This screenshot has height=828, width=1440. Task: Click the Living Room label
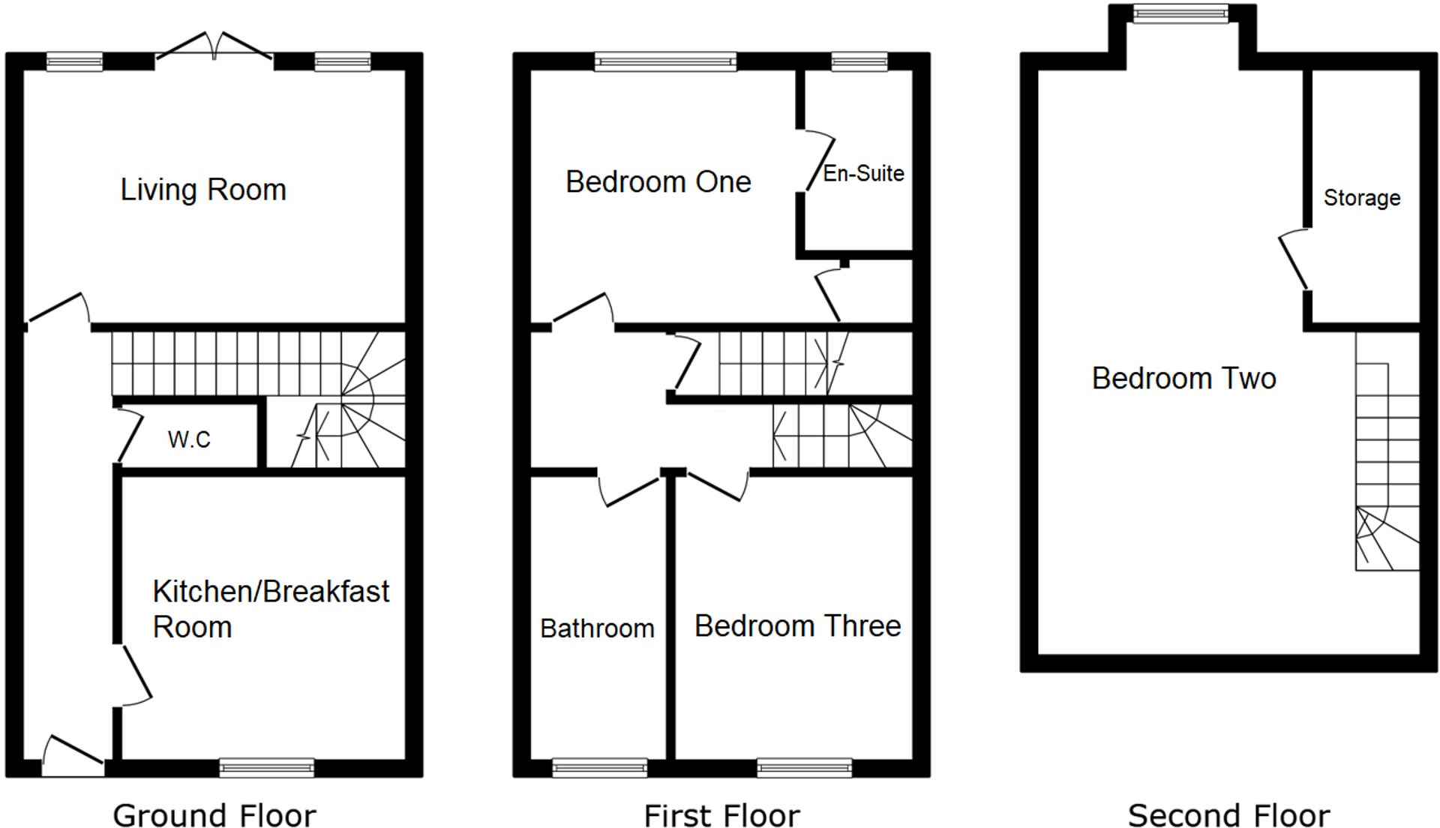[x=203, y=190]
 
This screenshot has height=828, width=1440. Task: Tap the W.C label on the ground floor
[x=189, y=439]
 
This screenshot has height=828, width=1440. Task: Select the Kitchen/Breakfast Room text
[x=271, y=609]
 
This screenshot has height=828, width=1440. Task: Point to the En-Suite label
[x=863, y=173]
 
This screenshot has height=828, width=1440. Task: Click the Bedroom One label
[x=658, y=182]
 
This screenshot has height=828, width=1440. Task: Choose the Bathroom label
[x=597, y=628]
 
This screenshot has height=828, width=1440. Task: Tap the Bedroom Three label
[x=797, y=626]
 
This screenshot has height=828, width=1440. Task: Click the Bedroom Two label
[x=1183, y=379]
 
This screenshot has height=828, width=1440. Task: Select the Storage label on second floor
[x=1361, y=198]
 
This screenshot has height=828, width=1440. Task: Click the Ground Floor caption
[x=214, y=815]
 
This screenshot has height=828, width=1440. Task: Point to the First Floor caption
[x=721, y=815]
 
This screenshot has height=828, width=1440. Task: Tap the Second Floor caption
[x=1228, y=815]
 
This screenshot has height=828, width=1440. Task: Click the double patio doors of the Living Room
[x=214, y=47]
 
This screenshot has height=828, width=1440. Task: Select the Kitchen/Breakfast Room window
[x=267, y=767]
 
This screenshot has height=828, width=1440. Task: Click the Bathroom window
[x=599, y=767]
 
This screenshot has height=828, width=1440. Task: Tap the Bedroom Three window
[x=804, y=767]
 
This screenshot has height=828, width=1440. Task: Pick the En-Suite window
[x=859, y=61]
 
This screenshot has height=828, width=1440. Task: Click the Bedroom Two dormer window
[x=1180, y=13]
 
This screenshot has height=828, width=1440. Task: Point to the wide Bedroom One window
[x=665, y=61]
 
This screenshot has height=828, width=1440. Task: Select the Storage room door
[x=1294, y=259]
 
